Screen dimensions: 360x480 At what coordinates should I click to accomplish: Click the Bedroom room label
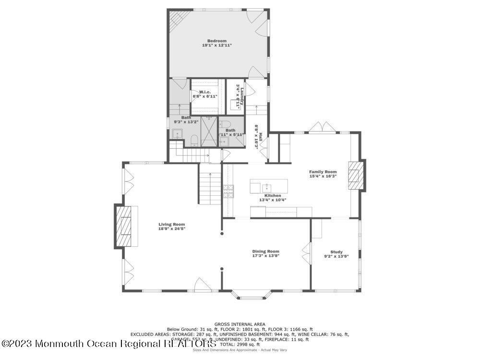tap(216, 41)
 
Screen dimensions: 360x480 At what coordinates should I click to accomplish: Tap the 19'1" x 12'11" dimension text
tap(216, 45)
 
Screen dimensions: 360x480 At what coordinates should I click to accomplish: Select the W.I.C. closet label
tap(205, 92)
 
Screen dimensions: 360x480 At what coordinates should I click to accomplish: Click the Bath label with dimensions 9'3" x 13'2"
tap(186, 118)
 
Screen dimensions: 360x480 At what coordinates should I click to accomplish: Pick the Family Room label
tap(323, 171)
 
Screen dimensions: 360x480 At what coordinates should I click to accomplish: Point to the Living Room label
tap(172, 224)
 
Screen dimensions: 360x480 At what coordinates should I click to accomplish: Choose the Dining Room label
tap(265, 251)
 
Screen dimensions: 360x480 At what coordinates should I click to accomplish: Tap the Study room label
tap(336, 252)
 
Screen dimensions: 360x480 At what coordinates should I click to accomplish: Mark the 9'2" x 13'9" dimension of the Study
tap(336, 256)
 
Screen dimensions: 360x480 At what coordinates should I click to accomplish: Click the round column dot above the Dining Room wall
tap(222, 234)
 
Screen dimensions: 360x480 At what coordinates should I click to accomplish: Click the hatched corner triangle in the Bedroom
tap(175, 18)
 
